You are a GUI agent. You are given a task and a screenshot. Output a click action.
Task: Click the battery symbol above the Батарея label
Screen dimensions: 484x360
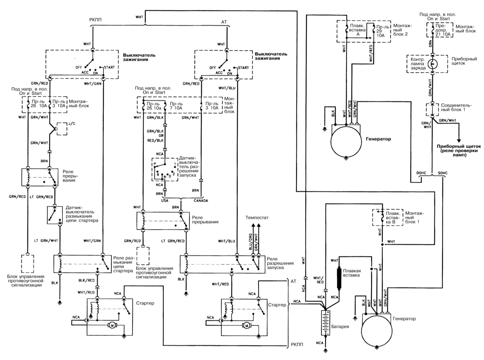pyautogui.click(x=325, y=323)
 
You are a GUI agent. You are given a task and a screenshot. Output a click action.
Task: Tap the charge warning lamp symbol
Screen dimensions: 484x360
pyautogui.click(x=432, y=64)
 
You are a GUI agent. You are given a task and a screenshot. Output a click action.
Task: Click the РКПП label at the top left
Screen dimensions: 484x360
pyautogui.click(x=95, y=20)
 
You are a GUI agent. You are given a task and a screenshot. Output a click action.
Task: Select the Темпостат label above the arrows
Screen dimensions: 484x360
pyautogui.click(x=257, y=218)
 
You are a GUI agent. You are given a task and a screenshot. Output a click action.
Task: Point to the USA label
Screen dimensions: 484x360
pyautogui.click(x=165, y=201)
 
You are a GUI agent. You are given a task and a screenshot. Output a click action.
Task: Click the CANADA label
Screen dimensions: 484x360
pyautogui.click(x=201, y=201)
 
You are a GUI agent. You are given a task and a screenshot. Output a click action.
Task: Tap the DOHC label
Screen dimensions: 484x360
pyautogui.click(x=421, y=173)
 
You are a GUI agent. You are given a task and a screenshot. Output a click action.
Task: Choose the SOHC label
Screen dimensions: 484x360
pyautogui.click(x=442, y=173)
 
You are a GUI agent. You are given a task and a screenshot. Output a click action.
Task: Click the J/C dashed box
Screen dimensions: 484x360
pyautogui.click(x=62, y=129)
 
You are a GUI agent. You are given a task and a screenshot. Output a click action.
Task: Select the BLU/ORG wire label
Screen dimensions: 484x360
pyautogui.click(x=250, y=242)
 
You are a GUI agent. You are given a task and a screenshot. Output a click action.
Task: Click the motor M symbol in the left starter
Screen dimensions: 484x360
pyautogui.click(x=113, y=325)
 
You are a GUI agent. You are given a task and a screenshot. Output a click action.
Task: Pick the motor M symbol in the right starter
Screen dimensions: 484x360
pyautogui.click(x=247, y=326)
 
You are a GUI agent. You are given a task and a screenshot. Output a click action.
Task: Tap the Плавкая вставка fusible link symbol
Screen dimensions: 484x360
pyautogui.click(x=339, y=278)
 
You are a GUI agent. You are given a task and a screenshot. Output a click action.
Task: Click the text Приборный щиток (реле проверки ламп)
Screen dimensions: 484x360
pyautogui.click(x=459, y=151)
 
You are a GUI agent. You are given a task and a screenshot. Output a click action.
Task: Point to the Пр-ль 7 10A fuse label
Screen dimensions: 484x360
pyautogui.click(x=176, y=106)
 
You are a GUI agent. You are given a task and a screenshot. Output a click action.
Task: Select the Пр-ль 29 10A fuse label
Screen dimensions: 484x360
pyautogui.click(x=382, y=31)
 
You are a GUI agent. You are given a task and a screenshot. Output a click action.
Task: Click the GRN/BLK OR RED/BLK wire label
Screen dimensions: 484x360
pyautogui.click(x=155, y=136)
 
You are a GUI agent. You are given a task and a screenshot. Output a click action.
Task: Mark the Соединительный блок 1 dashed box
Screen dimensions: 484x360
pyautogui.click(x=432, y=109)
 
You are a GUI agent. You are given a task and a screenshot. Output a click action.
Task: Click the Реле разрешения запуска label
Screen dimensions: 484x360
pyautogui.click(x=280, y=263)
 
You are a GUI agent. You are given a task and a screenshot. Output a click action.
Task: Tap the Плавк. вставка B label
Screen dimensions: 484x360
pyautogui.click(x=393, y=218)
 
